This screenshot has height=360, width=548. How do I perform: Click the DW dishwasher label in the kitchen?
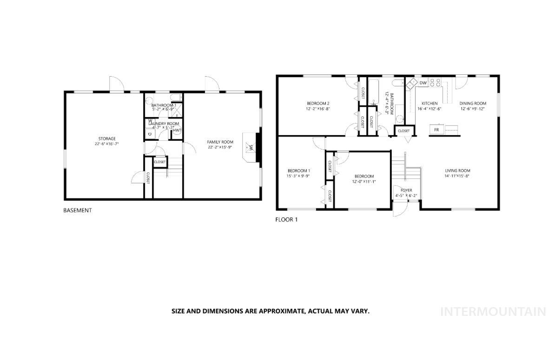coord(423,83)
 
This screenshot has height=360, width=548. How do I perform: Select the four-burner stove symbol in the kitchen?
coord(435,83)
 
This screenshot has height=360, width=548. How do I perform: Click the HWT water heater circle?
coord(177,131)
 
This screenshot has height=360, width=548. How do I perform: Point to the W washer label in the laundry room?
coord(150,121)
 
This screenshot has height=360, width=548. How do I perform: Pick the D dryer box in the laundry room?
coord(149,134)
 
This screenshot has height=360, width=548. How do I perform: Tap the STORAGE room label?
coord(106,138)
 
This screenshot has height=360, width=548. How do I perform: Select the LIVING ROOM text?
coord(457,170)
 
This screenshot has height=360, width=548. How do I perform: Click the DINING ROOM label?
coord(473,104)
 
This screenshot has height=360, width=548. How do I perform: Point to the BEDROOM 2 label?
coord(318,103)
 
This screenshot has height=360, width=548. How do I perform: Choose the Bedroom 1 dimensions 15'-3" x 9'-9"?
coord(299,176)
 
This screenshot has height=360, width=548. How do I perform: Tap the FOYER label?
coord(406,190)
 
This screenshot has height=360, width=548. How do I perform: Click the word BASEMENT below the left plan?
coord(77,210)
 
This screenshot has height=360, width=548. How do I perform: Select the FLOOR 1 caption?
coord(286,220)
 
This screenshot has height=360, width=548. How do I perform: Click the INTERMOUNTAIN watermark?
coord(493,312)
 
